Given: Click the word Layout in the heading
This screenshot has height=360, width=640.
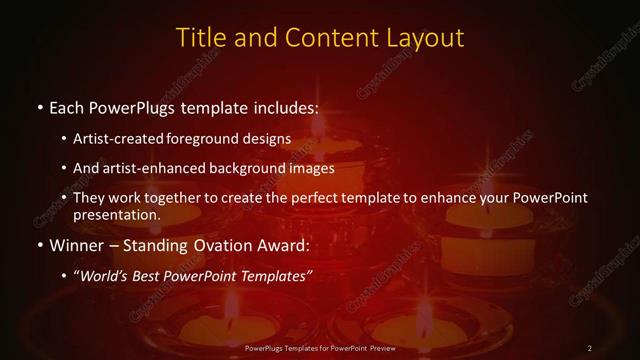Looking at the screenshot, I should click(x=425, y=38).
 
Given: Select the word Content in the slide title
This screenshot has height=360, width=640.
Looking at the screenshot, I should click(x=325, y=38).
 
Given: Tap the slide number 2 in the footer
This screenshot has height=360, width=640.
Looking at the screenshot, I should click(x=590, y=347).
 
